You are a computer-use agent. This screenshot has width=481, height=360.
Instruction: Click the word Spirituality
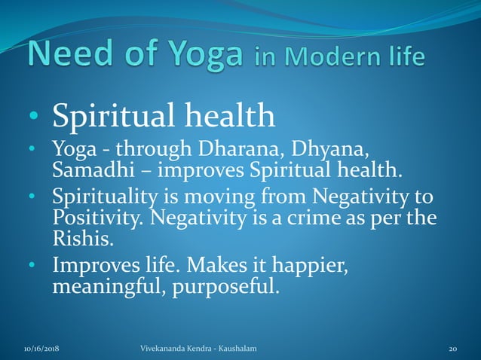click(x=104, y=198)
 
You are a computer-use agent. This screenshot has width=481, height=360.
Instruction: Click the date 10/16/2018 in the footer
click(x=42, y=349)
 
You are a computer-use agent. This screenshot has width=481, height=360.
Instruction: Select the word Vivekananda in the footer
click(x=167, y=349)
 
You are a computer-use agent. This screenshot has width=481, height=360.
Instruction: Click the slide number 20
click(x=453, y=349)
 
